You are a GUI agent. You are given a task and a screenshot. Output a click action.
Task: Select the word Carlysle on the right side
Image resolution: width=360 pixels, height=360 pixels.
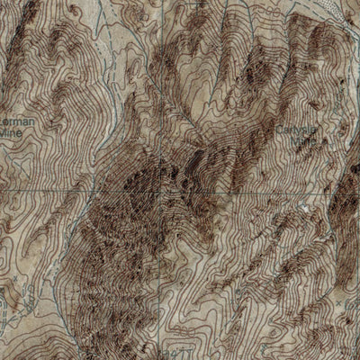click(x=298, y=130)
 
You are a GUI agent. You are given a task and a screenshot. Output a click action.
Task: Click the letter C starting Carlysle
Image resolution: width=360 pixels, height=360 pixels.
click(x=280, y=130)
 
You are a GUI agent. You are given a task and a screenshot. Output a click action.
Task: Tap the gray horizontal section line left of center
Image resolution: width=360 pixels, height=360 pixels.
click(x=54, y=192)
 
